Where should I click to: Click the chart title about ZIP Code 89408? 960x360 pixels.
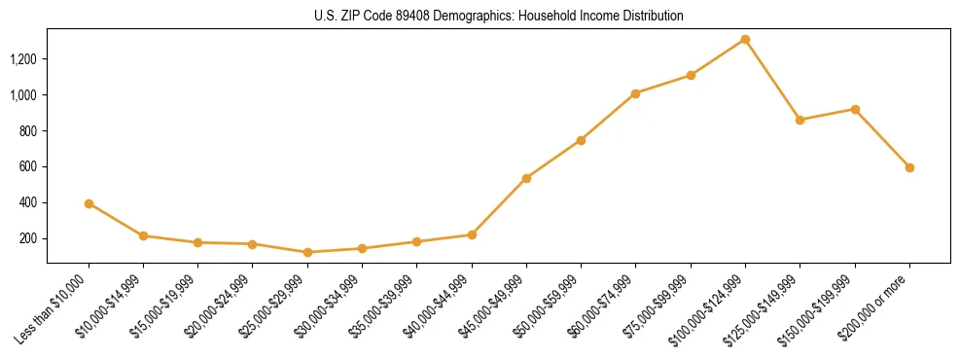[498, 17]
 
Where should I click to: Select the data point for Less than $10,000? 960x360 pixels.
[89, 203]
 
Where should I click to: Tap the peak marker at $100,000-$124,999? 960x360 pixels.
[745, 39]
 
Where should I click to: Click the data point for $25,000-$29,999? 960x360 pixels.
[307, 252]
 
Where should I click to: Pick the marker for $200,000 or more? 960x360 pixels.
[909, 167]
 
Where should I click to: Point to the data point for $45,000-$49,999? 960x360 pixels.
[526, 178]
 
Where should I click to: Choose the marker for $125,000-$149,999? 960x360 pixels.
[800, 120]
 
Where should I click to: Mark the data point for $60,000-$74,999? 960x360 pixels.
[635, 93]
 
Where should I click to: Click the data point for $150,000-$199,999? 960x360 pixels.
[855, 109]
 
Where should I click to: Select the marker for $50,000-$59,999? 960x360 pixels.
[581, 140]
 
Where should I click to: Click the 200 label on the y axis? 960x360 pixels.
[28, 238]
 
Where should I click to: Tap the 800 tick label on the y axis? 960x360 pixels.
[28, 131]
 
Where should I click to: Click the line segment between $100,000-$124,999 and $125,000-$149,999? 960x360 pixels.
[772, 80]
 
